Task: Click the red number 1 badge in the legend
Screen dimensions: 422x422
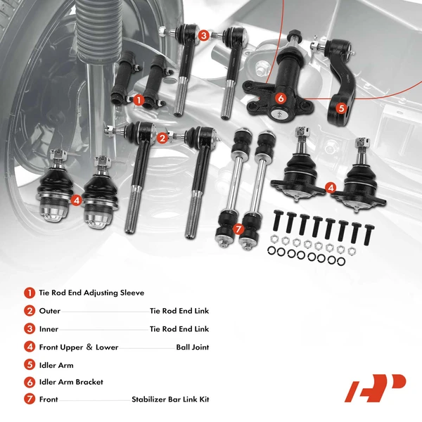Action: click(29, 293)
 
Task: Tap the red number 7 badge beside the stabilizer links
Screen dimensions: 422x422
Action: click(238, 229)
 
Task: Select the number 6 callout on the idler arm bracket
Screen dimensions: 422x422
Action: click(280, 98)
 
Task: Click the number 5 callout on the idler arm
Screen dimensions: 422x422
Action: click(341, 108)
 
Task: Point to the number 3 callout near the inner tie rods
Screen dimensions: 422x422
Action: click(203, 34)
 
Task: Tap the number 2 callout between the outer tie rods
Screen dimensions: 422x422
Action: click(162, 138)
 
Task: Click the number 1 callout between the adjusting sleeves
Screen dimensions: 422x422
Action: click(139, 100)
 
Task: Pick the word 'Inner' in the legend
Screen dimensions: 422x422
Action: click(49, 329)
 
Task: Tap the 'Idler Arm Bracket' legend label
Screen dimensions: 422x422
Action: click(71, 382)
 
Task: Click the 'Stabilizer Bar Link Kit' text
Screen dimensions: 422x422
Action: click(170, 399)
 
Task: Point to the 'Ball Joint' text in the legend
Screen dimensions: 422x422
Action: click(192, 347)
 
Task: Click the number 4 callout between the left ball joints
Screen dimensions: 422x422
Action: click(77, 200)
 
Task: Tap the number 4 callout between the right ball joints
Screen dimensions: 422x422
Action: click(331, 187)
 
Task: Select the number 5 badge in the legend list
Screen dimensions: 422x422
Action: click(29, 365)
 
